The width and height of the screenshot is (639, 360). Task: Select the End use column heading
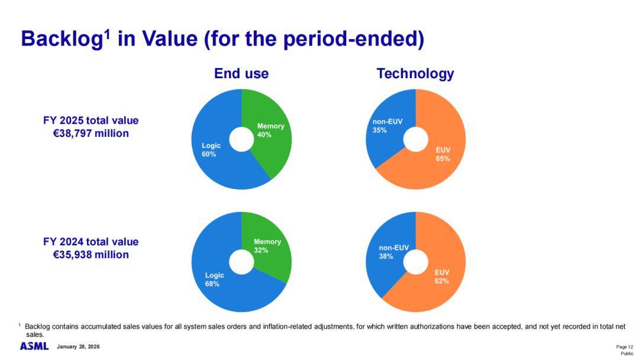click(x=241, y=73)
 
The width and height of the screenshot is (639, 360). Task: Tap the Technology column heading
click(x=415, y=73)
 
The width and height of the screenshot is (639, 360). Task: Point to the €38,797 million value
click(x=91, y=134)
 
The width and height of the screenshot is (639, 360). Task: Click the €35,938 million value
click(x=91, y=255)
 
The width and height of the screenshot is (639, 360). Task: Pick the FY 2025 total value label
click(x=91, y=121)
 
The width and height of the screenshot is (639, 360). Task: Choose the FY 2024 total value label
click(x=91, y=242)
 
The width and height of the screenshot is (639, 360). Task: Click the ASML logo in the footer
click(x=34, y=346)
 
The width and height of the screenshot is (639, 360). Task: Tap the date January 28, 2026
click(x=78, y=346)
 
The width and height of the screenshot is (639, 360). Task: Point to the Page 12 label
click(x=624, y=346)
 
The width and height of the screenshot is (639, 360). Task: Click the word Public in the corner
click(x=627, y=353)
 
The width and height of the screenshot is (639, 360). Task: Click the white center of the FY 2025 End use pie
click(x=241, y=140)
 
